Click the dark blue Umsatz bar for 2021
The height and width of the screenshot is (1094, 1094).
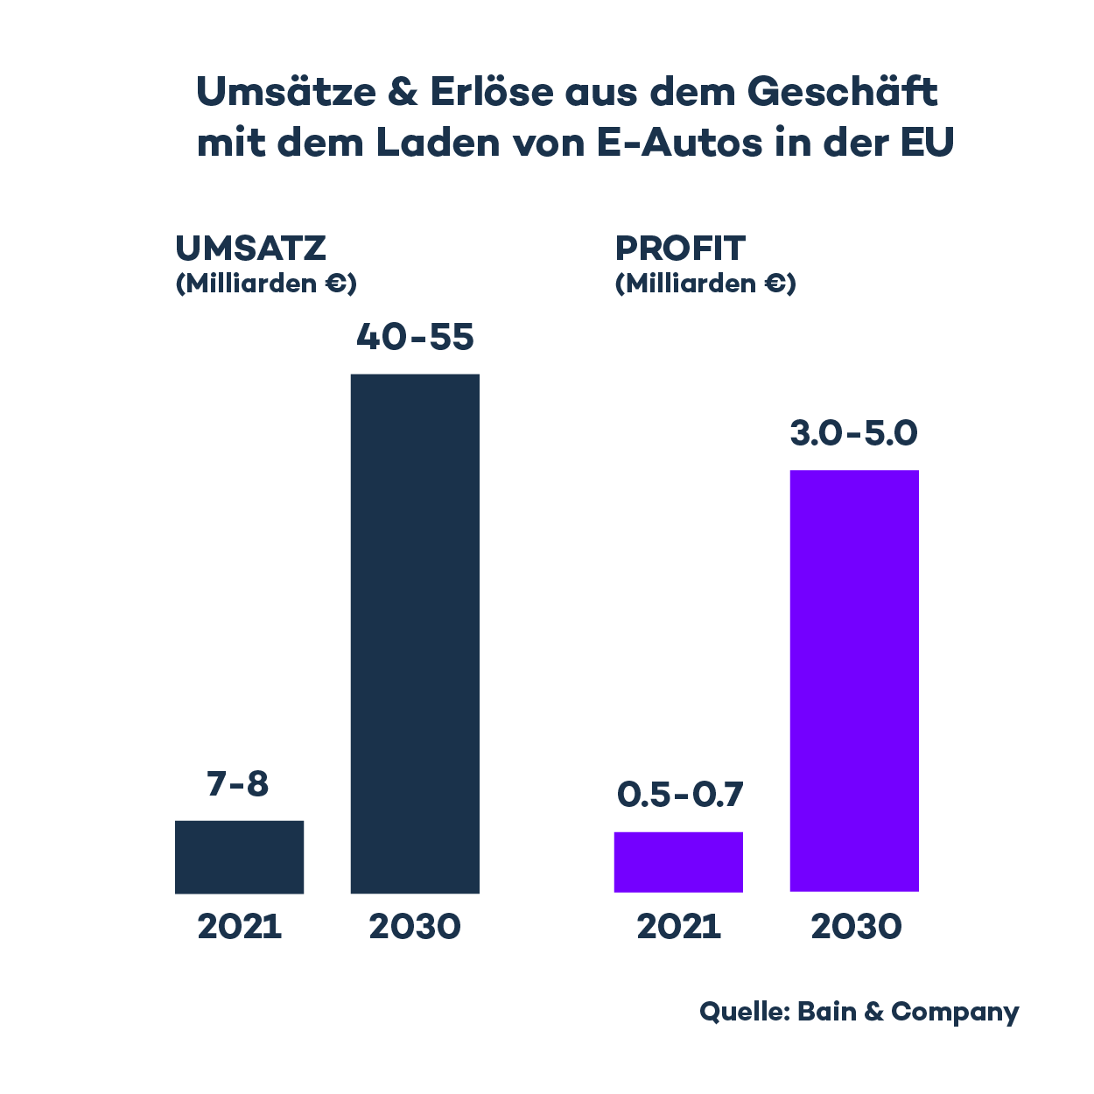click(x=240, y=857)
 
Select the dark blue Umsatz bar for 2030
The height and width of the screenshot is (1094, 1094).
click(x=415, y=634)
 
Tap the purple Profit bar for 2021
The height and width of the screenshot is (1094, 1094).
click(x=678, y=862)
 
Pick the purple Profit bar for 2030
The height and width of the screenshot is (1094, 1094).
click(x=854, y=681)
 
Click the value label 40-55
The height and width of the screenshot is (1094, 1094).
click(x=415, y=338)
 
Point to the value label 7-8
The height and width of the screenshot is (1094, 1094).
click(x=238, y=784)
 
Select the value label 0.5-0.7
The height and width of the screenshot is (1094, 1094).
click(x=680, y=795)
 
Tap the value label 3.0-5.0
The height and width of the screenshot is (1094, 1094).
click(x=853, y=433)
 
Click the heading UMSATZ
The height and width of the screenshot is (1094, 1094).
click(x=250, y=249)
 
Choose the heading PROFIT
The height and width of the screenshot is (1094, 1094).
click(x=680, y=249)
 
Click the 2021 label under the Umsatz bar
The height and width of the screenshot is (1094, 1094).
click(x=240, y=927)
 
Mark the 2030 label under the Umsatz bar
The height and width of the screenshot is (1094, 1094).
click(x=415, y=927)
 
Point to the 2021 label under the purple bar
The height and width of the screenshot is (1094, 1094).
click(x=679, y=927)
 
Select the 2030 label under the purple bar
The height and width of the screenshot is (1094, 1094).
click(x=856, y=927)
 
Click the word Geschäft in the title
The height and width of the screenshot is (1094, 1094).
click(x=842, y=92)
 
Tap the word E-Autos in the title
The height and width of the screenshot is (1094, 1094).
click(x=679, y=143)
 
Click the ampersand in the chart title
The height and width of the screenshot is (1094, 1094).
click(x=402, y=92)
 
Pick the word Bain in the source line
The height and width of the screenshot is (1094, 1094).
click(x=827, y=1012)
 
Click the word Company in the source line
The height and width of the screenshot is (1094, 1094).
click(x=955, y=1013)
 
